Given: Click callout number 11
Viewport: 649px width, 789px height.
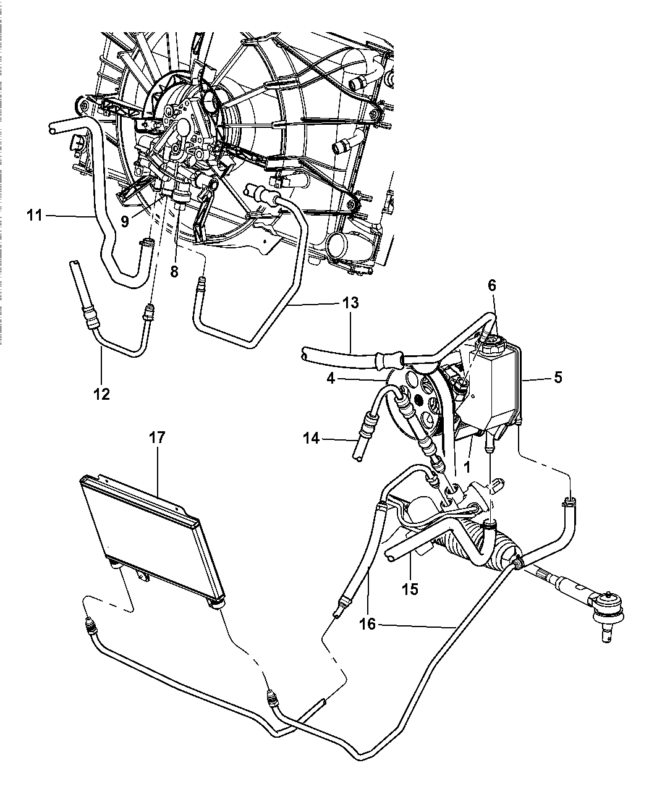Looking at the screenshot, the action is point(35,216).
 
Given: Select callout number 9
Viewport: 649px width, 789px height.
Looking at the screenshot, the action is point(125,221).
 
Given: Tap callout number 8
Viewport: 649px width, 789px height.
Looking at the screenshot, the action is point(174,272).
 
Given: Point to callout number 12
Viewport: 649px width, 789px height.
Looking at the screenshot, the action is point(101,394).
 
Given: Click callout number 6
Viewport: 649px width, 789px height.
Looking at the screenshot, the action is point(492,285).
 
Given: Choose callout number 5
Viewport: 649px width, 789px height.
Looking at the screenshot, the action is point(558,378).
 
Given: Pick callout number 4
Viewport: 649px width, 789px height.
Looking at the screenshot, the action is point(331,379).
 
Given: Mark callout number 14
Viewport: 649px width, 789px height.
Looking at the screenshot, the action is point(312,438).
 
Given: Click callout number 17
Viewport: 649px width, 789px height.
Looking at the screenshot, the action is point(157,437).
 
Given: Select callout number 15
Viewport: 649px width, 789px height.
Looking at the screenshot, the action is point(409,589).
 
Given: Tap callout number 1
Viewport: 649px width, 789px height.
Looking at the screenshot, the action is point(467,467).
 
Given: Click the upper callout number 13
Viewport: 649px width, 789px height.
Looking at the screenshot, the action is point(350,302).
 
